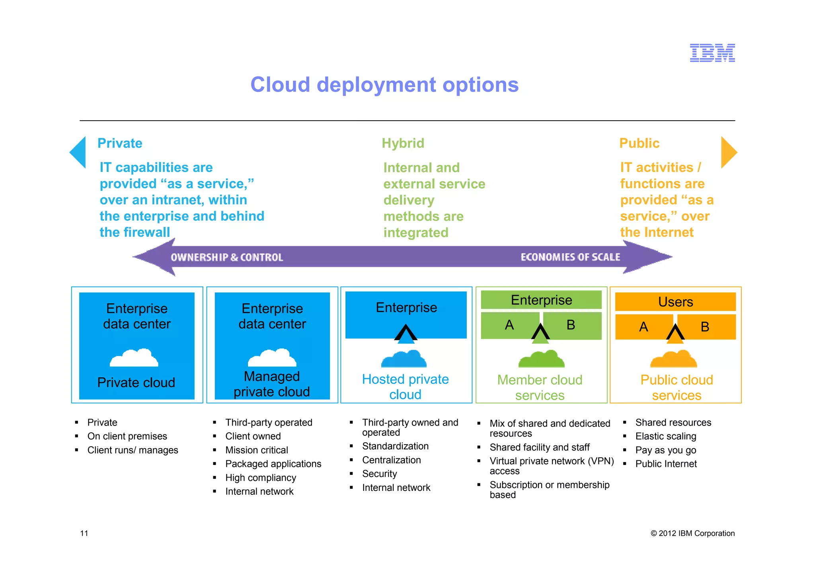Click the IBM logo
click(712, 53)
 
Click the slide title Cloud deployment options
click(384, 85)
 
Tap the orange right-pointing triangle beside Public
click(728, 152)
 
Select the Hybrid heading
click(403, 143)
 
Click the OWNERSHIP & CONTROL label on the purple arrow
click(227, 258)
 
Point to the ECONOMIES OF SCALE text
click(570, 257)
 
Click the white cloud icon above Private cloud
click(134, 358)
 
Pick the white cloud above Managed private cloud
click(272, 358)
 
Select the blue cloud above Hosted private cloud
click(404, 359)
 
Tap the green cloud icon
click(541, 359)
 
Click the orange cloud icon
click(674, 359)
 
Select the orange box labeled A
click(643, 327)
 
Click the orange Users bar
click(675, 302)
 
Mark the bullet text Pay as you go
click(665, 450)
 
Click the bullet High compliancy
click(261, 478)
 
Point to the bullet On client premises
click(127, 436)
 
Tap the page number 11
click(84, 533)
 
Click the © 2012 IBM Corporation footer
click(692, 533)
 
